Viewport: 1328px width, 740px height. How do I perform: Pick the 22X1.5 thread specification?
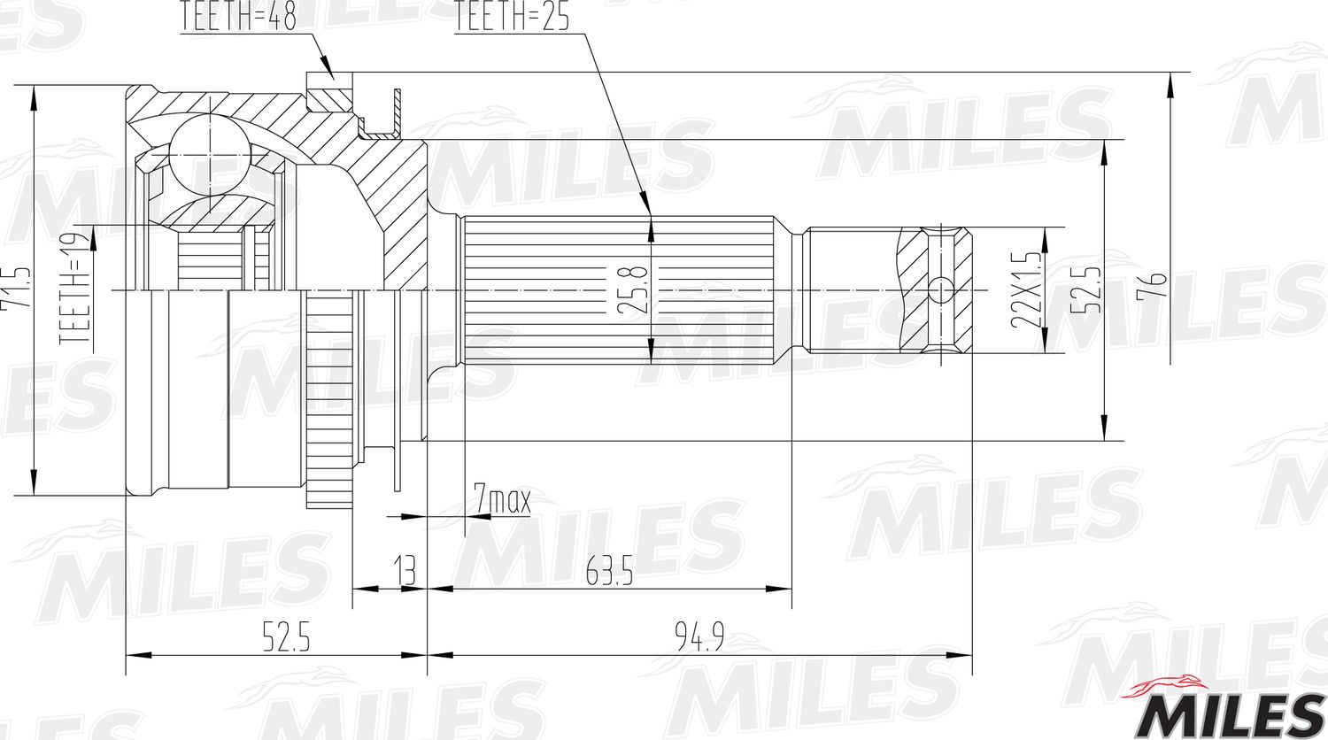(1026, 289)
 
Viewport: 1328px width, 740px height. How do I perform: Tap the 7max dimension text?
(501, 500)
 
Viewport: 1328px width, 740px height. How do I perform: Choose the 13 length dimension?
(405, 571)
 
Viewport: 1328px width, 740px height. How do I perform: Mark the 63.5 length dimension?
(609, 573)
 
